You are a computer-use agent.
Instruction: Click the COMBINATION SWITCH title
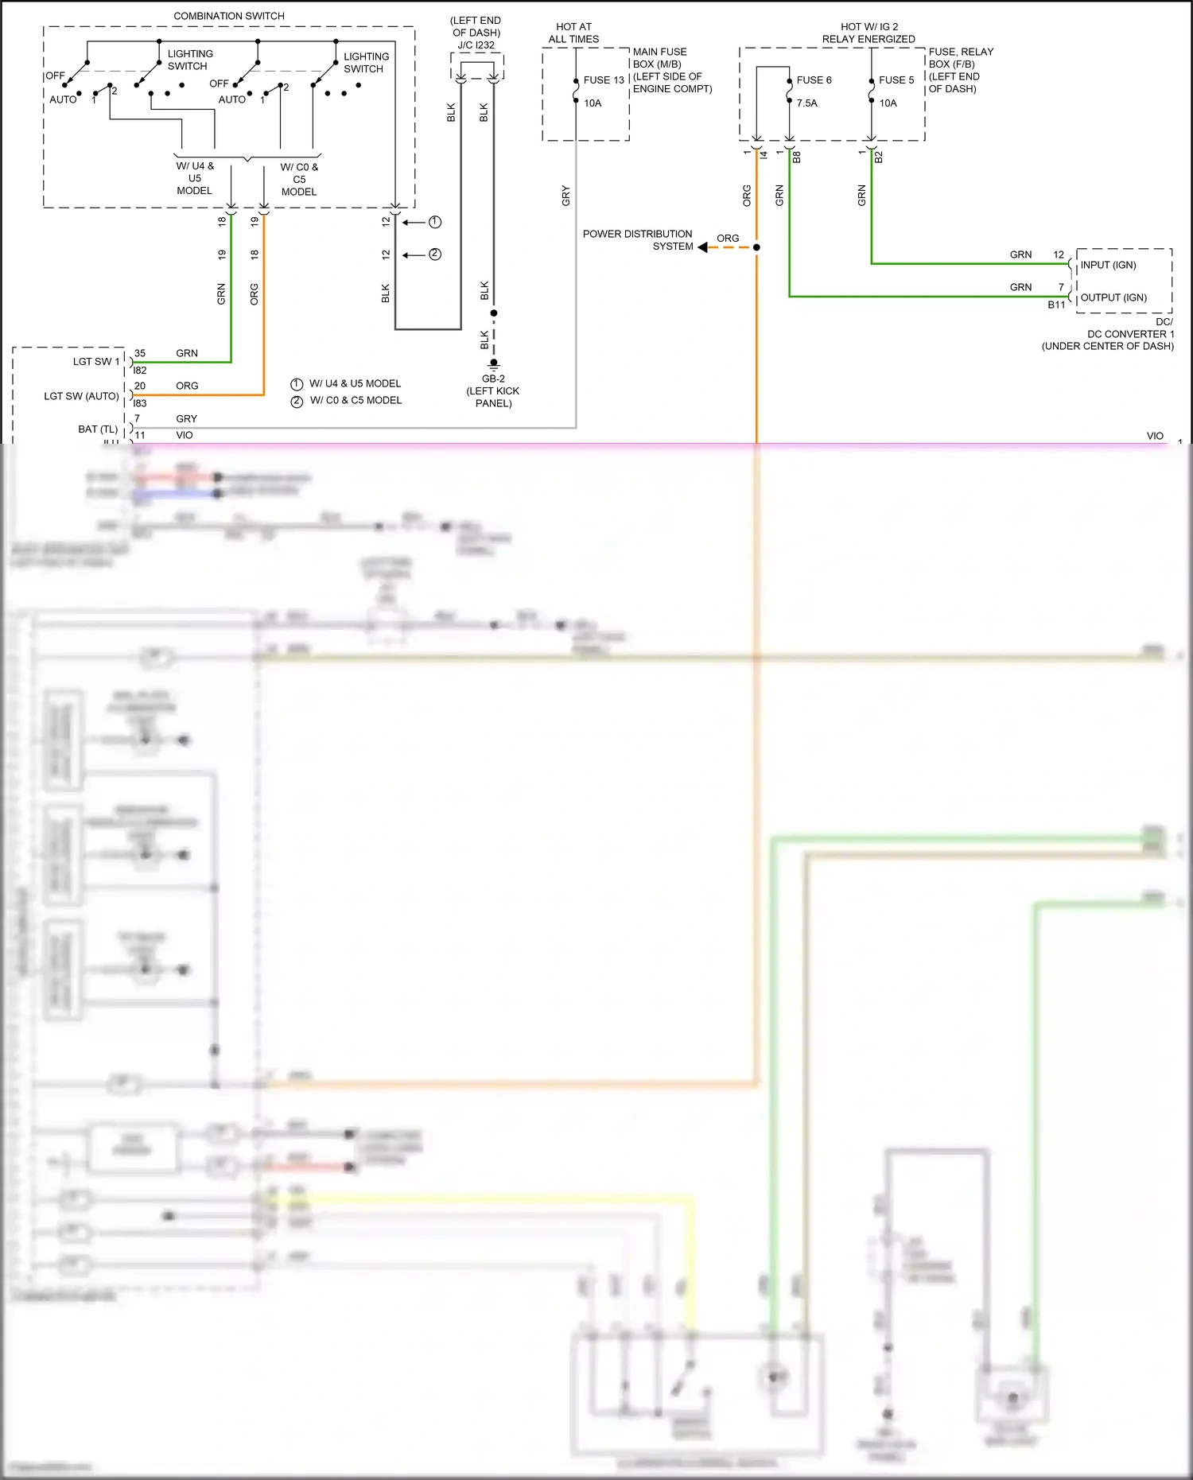[x=229, y=16]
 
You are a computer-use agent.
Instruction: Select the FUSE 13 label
[x=604, y=80]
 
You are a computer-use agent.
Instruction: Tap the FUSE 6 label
[x=814, y=80]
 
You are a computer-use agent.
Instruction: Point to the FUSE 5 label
[x=896, y=80]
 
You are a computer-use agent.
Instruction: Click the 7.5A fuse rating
[x=806, y=103]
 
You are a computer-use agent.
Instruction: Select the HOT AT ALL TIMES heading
[x=573, y=33]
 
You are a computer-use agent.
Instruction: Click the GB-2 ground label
[x=493, y=379]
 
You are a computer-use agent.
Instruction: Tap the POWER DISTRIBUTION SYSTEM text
[x=637, y=240]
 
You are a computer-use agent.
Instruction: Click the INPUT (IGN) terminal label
[x=1108, y=265]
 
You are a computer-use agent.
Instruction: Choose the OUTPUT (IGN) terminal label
[x=1113, y=297]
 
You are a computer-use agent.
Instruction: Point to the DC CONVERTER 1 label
[x=1130, y=334]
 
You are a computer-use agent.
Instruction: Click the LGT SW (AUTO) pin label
[x=81, y=396]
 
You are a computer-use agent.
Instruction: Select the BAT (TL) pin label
[x=98, y=429]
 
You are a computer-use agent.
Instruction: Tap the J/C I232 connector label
[x=476, y=45]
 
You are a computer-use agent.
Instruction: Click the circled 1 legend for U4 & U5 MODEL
[x=297, y=384]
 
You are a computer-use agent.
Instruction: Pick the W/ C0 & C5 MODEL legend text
[x=356, y=401]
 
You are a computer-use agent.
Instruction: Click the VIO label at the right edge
[x=1155, y=436]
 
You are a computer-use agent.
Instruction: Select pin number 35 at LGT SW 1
[x=140, y=353]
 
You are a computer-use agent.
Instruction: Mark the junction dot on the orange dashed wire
[x=756, y=247]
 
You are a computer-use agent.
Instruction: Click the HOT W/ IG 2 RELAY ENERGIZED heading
[x=869, y=33]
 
